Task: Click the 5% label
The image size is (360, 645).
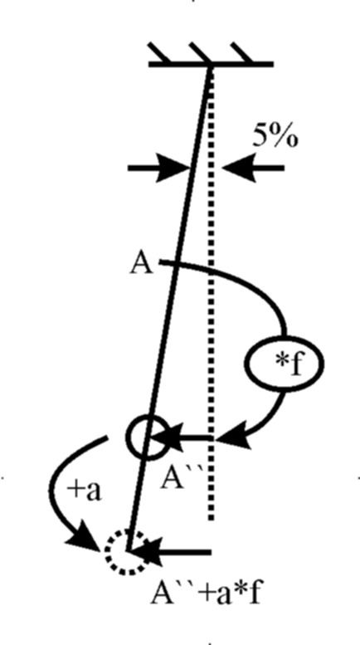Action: (x=275, y=136)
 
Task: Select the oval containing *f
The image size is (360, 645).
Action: (x=285, y=364)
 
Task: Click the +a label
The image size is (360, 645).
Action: (x=84, y=491)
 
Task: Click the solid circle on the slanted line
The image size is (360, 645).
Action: (x=148, y=437)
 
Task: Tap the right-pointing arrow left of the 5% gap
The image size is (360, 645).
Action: (x=159, y=168)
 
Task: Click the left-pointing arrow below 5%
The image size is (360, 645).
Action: (x=253, y=168)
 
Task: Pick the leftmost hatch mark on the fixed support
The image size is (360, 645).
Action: (x=158, y=52)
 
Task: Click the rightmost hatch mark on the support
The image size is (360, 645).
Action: (x=242, y=52)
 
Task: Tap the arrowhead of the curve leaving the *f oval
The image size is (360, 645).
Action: (x=233, y=438)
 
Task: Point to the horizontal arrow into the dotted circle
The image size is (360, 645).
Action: (x=170, y=552)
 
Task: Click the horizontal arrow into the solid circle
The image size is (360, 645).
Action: (x=180, y=437)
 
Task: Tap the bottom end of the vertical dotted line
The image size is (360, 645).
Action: (x=211, y=520)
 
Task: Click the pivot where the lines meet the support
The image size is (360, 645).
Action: (x=211, y=66)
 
